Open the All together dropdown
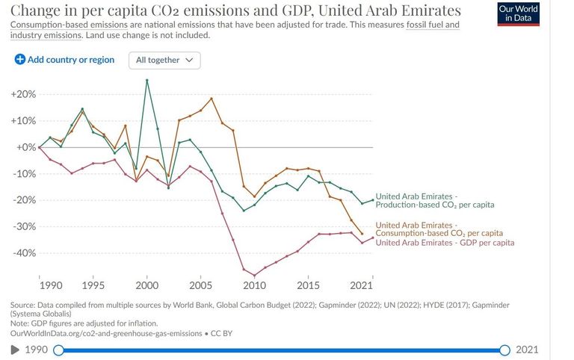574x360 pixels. coord(164,60)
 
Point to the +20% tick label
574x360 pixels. coord(23,95)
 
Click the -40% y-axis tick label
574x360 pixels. coord(24,253)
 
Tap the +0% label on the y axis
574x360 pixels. coord(25,147)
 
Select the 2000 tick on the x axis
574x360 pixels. coord(147,285)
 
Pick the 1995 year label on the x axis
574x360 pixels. coord(93,285)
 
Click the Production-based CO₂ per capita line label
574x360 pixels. coord(434,200)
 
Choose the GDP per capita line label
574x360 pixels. coord(445,243)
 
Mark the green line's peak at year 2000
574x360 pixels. coord(146,80)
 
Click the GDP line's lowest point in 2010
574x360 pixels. coord(254,276)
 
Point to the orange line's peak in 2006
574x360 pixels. coord(212,99)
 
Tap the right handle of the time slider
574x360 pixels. coord(504,350)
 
